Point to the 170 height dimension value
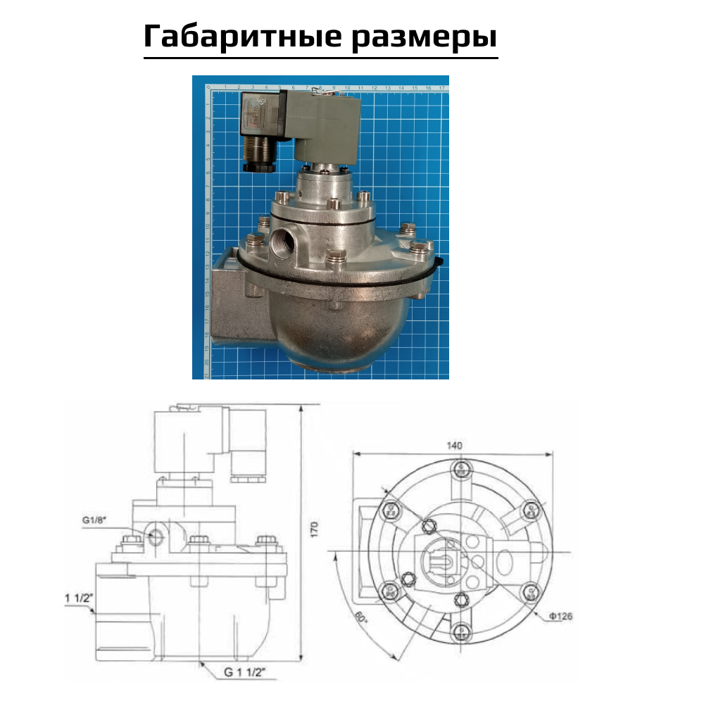tap(315, 529)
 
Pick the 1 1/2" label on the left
tap(77, 598)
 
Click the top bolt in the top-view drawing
tap(459, 470)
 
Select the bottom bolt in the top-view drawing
tap(459, 631)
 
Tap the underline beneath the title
tap(320, 57)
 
